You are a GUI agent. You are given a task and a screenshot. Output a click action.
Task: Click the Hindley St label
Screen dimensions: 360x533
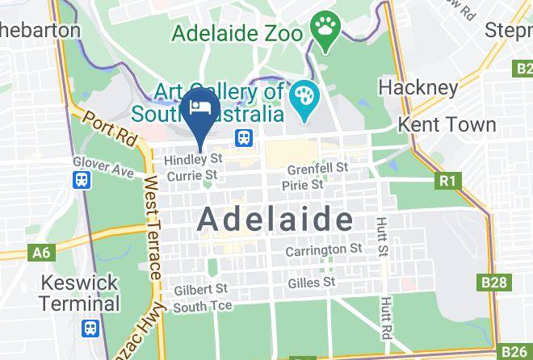point(192,160)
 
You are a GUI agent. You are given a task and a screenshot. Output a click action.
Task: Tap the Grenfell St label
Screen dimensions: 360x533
point(318,169)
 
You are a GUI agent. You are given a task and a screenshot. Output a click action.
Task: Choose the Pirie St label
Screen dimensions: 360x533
point(302,185)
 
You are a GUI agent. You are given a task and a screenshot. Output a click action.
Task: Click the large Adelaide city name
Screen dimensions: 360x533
point(275,218)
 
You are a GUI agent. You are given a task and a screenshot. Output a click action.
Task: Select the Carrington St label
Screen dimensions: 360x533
point(324,250)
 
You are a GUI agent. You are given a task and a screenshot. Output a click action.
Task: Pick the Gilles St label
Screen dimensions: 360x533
point(312,283)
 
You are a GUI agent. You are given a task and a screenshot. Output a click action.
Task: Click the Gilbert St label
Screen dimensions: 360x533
point(200,289)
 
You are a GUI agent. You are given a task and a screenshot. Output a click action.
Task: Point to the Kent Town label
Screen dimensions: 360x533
point(447,125)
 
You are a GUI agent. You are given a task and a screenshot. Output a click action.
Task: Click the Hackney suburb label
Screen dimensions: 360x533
point(418,86)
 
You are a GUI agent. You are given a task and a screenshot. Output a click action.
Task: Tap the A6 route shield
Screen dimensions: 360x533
point(40,253)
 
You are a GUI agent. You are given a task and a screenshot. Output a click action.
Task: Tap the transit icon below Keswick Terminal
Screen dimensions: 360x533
point(90,329)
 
